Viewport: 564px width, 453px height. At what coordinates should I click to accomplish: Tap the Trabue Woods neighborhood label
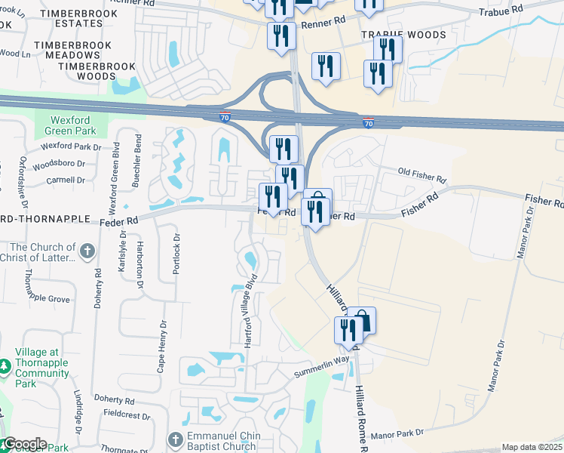point(403,35)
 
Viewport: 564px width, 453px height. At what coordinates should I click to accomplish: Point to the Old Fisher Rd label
point(421,177)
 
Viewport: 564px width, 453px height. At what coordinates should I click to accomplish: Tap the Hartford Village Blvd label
point(250,310)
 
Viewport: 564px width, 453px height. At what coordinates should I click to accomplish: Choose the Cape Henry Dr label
point(160,344)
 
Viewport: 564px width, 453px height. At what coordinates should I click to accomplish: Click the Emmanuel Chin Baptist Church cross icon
point(175,439)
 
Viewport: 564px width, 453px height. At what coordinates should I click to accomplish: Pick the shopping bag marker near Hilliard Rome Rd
point(362,321)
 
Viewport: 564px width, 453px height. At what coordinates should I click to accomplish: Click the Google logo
point(24,444)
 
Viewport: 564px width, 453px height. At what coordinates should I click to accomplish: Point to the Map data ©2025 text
point(531,447)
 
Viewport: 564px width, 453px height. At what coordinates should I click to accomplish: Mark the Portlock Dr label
point(177,254)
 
